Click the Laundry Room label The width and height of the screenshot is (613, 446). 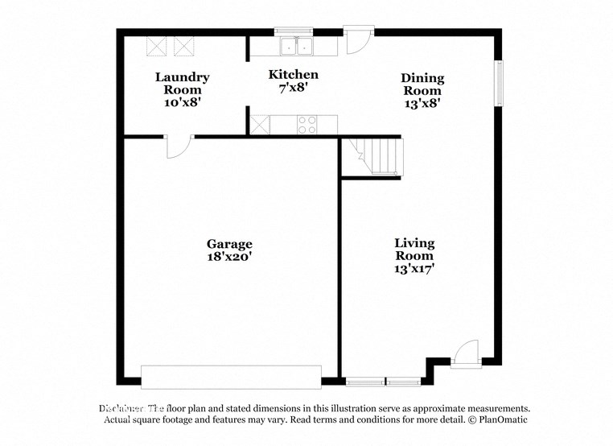click(x=182, y=84)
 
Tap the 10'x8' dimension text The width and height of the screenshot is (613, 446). click(x=182, y=102)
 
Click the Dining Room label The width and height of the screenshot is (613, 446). click(x=422, y=85)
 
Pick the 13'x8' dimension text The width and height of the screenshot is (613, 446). click(x=422, y=103)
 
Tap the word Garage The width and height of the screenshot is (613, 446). click(x=229, y=244)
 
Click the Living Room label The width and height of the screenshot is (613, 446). click(x=414, y=249)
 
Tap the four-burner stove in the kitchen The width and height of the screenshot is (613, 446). click(x=306, y=125)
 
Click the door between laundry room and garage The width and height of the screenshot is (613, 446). click(x=178, y=145)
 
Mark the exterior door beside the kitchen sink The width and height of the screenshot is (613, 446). click(x=357, y=40)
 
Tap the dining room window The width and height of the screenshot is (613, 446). click(x=499, y=84)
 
